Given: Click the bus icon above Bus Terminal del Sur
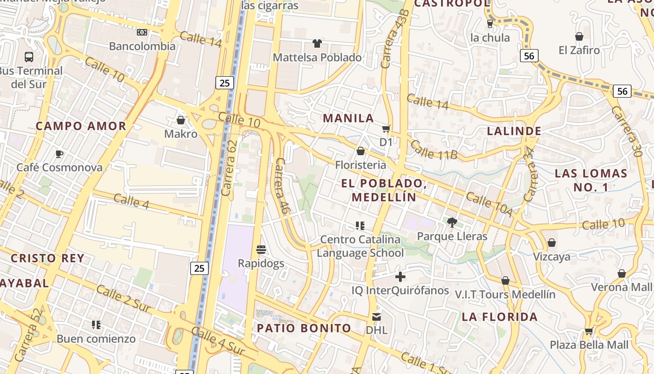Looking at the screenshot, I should (x=29, y=57).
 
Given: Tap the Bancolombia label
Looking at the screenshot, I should (x=142, y=46).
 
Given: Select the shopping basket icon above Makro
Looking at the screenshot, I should (x=181, y=120).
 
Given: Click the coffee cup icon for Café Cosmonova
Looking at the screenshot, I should (x=59, y=154).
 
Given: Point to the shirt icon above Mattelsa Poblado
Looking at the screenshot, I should (x=317, y=43).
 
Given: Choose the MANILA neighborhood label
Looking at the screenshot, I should (x=348, y=118).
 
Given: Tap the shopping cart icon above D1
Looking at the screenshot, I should (x=386, y=129).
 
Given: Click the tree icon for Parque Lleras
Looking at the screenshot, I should (x=452, y=223).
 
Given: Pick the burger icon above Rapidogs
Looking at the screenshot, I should (x=261, y=250).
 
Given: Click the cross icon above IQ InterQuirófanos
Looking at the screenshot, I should (x=400, y=277).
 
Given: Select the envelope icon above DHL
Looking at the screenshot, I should (x=377, y=316).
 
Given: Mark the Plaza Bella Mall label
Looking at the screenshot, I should (x=589, y=345).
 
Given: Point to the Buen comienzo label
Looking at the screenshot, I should (x=96, y=338).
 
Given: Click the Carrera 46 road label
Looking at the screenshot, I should (x=283, y=186).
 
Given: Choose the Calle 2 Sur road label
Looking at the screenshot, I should (x=124, y=298).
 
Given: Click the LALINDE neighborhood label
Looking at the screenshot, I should (x=514, y=131).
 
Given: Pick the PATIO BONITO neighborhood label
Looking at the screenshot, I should (x=304, y=328).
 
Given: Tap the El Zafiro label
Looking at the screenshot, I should (x=579, y=50).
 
